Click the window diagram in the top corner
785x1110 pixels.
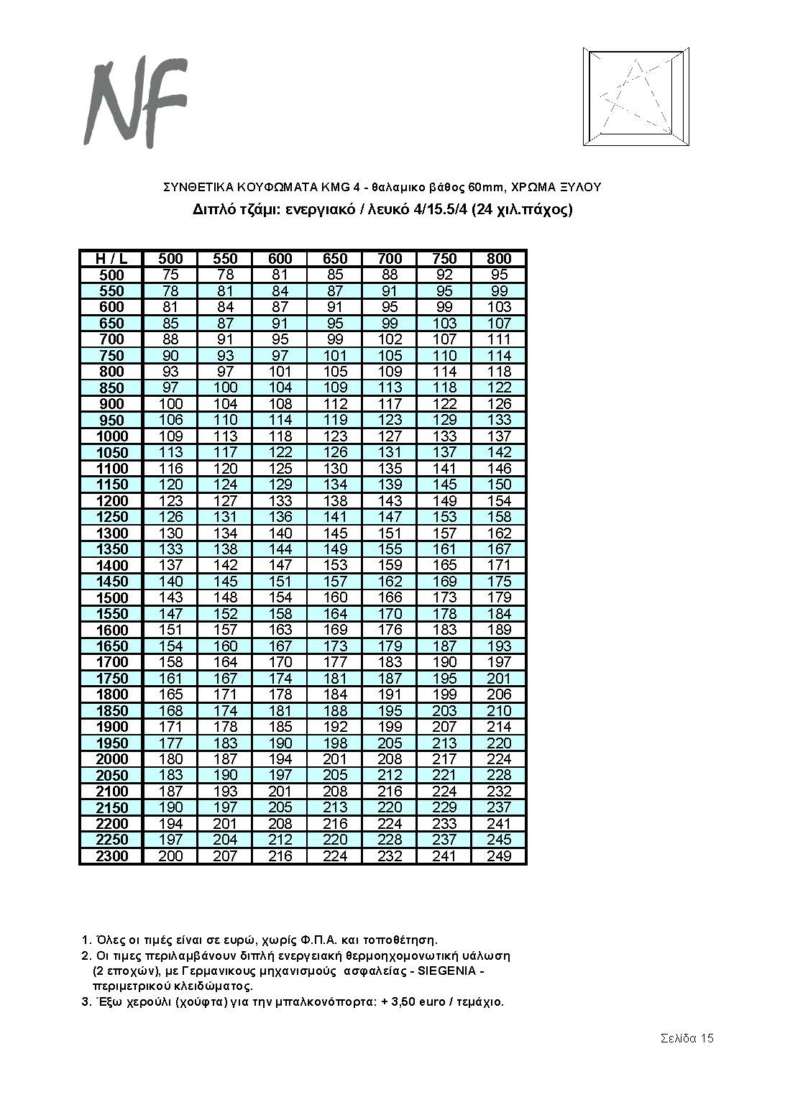635,97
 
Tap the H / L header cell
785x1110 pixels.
111,259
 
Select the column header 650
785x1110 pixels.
335,259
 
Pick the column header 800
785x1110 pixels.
499,259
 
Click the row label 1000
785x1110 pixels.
111,436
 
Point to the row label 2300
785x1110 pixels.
111,856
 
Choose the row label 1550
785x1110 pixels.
111,614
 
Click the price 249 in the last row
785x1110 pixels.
499,856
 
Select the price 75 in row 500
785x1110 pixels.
170,275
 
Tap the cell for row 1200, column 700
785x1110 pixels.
390,501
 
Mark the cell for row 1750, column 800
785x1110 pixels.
499,679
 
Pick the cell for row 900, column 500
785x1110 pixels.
170,404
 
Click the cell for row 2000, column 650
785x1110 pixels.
335,759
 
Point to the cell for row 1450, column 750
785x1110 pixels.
445,582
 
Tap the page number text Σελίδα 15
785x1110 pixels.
687,1038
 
